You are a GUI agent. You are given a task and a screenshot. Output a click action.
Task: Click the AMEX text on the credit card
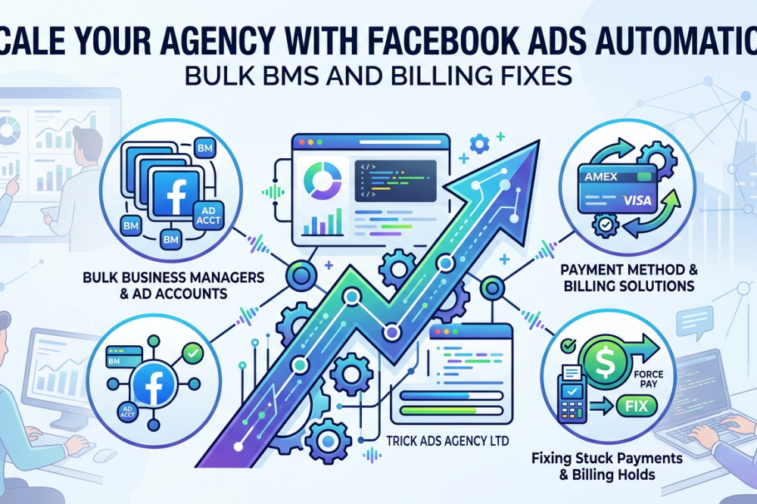click(601, 176)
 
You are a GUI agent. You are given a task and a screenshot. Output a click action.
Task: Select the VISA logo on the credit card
click(637, 199)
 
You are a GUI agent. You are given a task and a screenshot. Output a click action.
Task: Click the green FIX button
click(637, 406)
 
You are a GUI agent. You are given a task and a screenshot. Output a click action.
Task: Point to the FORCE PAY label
click(648, 379)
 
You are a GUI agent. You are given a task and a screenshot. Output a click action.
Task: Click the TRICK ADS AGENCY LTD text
click(447, 440)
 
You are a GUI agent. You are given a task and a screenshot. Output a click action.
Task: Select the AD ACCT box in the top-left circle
click(208, 216)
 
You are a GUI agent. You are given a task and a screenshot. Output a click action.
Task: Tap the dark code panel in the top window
click(395, 181)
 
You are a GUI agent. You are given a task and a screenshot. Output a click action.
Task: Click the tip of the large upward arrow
click(539, 141)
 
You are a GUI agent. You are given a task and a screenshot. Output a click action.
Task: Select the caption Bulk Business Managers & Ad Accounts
click(173, 285)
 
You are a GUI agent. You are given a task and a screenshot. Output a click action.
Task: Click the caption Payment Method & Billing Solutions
click(629, 278)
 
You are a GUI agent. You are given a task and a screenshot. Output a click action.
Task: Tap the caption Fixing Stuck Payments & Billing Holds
click(607, 466)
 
